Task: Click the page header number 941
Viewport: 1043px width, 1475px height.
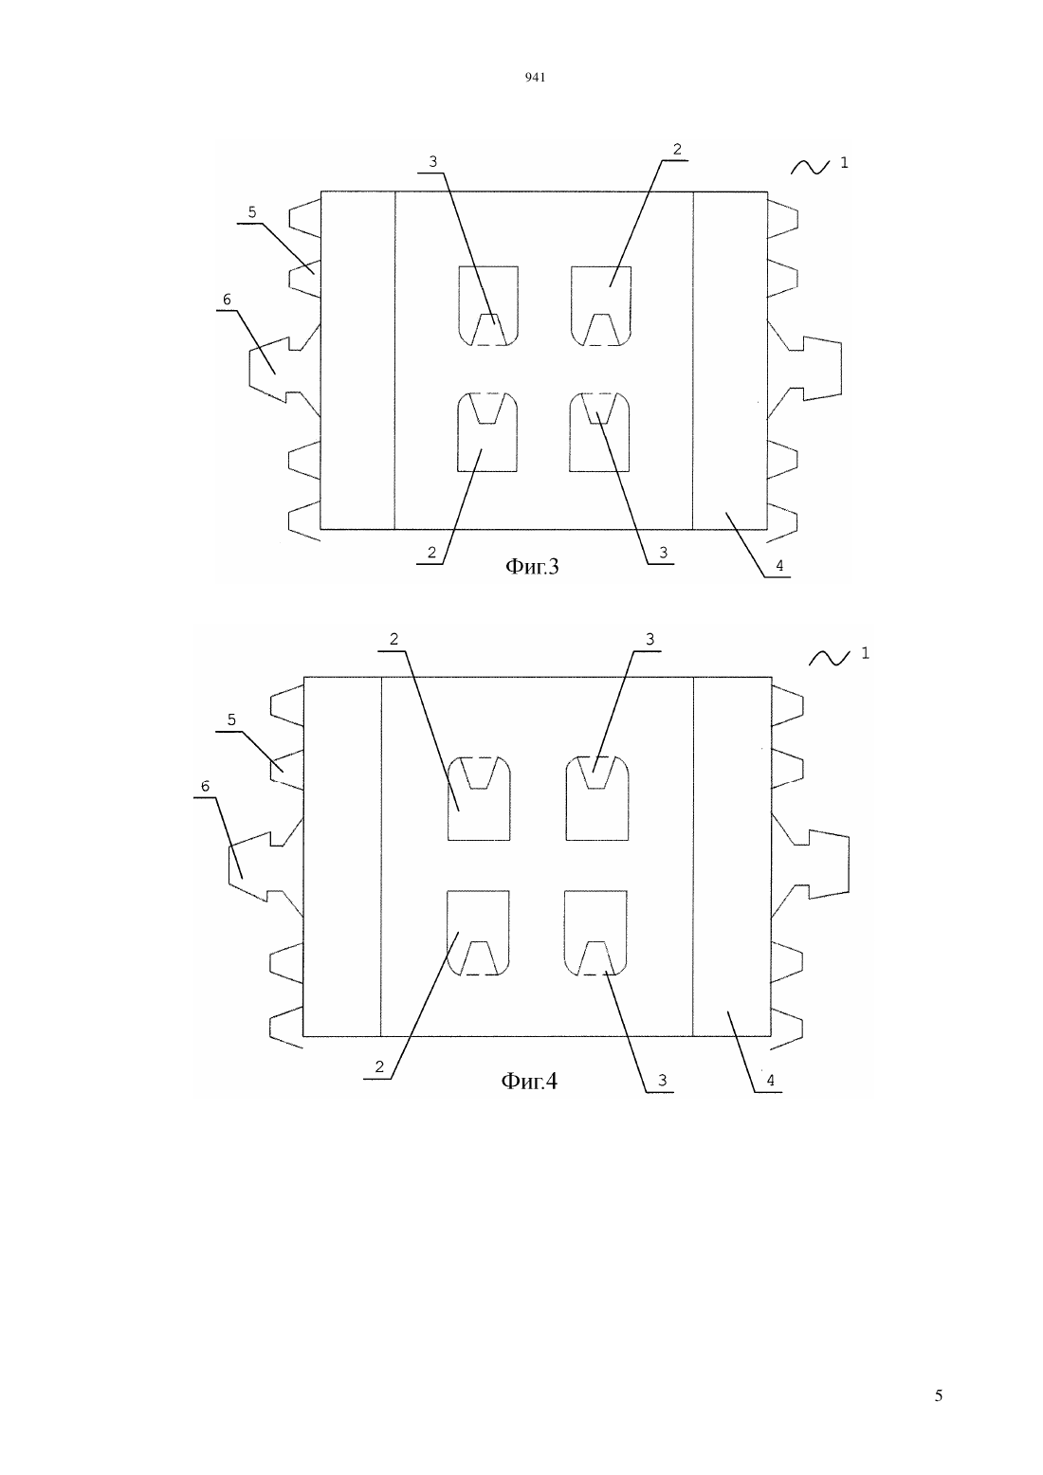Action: [x=535, y=78]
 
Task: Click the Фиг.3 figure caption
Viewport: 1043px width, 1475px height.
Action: [x=532, y=566]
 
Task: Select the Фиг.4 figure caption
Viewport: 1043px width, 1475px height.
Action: [x=529, y=1081]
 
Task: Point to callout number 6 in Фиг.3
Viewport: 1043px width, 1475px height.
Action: [x=227, y=300]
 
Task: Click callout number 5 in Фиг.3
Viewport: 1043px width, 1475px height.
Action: [x=251, y=212]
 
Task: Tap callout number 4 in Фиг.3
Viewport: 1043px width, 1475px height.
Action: [x=779, y=566]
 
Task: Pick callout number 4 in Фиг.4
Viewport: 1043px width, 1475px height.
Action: [x=770, y=1080]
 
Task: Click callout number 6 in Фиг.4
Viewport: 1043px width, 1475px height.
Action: [x=205, y=786]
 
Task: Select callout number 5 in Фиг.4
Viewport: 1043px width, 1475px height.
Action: [x=231, y=719]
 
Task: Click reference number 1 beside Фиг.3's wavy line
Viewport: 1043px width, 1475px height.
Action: [x=844, y=162]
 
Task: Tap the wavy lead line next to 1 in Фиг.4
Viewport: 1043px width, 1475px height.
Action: [x=829, y=657]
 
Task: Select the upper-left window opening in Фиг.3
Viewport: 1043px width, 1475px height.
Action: [x=488, y=306]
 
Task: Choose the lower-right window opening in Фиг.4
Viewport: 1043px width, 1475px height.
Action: [x=595, y=933]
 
